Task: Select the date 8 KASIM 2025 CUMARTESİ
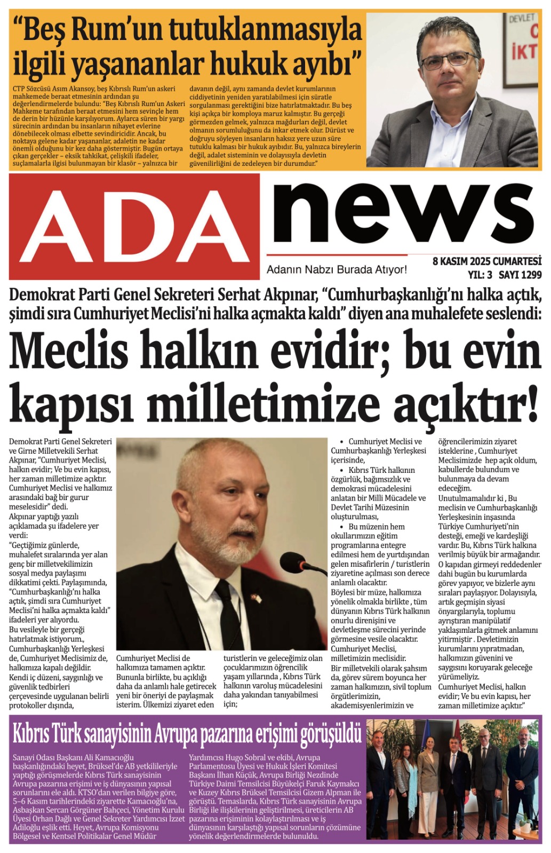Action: (x=486, y=262)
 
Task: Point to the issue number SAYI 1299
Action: (x=520, y=275)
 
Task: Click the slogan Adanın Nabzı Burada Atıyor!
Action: (x=337, y=270)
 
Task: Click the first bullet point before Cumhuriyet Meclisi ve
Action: (x=341, y=442)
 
